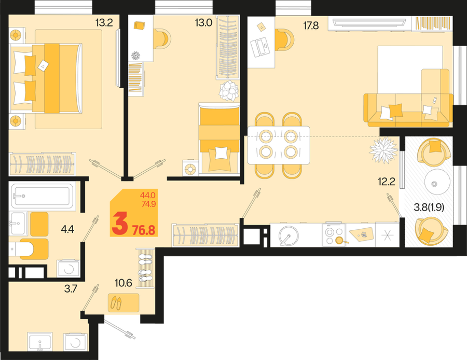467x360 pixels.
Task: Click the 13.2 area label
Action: coord(104,23)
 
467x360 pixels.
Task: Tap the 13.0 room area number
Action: coord(203,23)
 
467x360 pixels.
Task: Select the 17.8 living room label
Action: coord(311,25)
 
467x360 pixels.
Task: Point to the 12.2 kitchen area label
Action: coord(387,182)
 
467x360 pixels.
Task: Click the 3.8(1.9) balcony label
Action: coord(429,207)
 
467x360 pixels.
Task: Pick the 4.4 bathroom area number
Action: coord(67,229)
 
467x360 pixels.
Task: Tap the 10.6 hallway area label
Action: coord(123,283)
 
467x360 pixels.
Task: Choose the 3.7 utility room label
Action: coord(71,288)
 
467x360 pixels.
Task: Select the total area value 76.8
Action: coord(144,230)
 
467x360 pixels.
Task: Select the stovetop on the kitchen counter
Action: coord(334,235)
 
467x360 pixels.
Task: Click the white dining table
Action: coord(279,145)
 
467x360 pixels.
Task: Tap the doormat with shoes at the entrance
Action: coord(123,303)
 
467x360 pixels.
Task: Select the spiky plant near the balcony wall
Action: coord(383,150)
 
